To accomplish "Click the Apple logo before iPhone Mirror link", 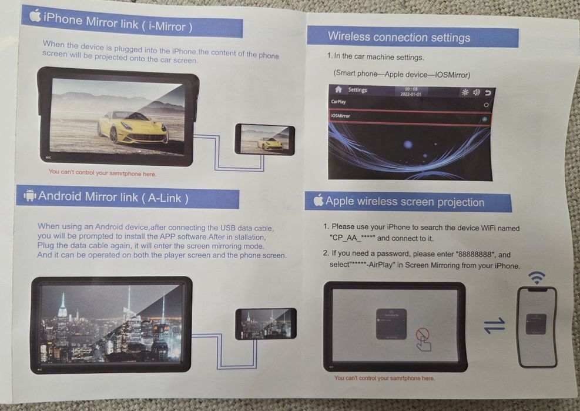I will click(35, 16).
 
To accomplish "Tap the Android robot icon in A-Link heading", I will click(29, 195).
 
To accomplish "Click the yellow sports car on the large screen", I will click(133, 127).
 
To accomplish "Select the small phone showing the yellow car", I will click(264, 139).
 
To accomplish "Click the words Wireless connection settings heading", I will click(399, 37).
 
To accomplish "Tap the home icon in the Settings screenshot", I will click(338, 90).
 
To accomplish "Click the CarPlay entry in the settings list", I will click(338, 102).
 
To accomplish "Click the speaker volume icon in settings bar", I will click(476, 92).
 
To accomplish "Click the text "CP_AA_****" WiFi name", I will click(352, 238).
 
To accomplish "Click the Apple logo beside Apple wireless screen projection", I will click(318, 201).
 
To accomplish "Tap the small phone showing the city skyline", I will click(266, 323).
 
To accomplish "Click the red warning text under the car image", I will click(102, 173).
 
